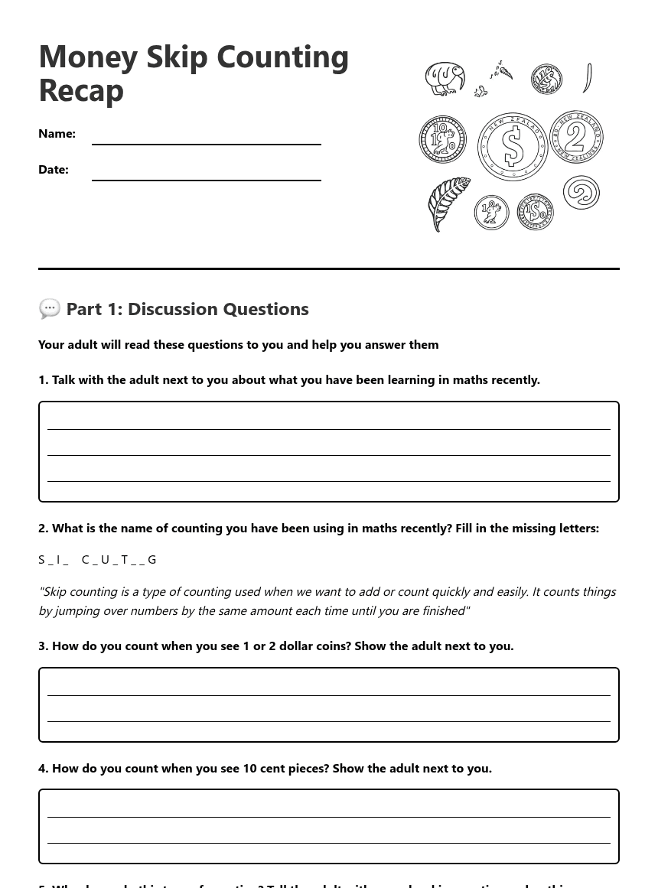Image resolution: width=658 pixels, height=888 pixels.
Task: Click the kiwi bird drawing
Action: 445,79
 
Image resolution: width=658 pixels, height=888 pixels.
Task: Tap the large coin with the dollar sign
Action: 513,146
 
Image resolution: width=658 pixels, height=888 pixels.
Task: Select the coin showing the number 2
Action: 576,137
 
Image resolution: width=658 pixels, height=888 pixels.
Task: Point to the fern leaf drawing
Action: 449,204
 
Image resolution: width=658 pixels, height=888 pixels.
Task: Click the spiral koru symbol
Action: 581,192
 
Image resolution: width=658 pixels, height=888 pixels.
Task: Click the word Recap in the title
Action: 81,90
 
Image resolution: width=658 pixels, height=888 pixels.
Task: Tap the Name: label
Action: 57,133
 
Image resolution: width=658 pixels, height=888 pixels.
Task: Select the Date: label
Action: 54,169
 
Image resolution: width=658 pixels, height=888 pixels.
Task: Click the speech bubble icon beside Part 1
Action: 50,308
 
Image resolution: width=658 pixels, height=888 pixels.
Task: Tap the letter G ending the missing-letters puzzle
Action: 152,559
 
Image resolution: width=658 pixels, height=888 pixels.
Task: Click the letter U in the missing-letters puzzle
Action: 105,559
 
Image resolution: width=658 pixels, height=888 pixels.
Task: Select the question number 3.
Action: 43,646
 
